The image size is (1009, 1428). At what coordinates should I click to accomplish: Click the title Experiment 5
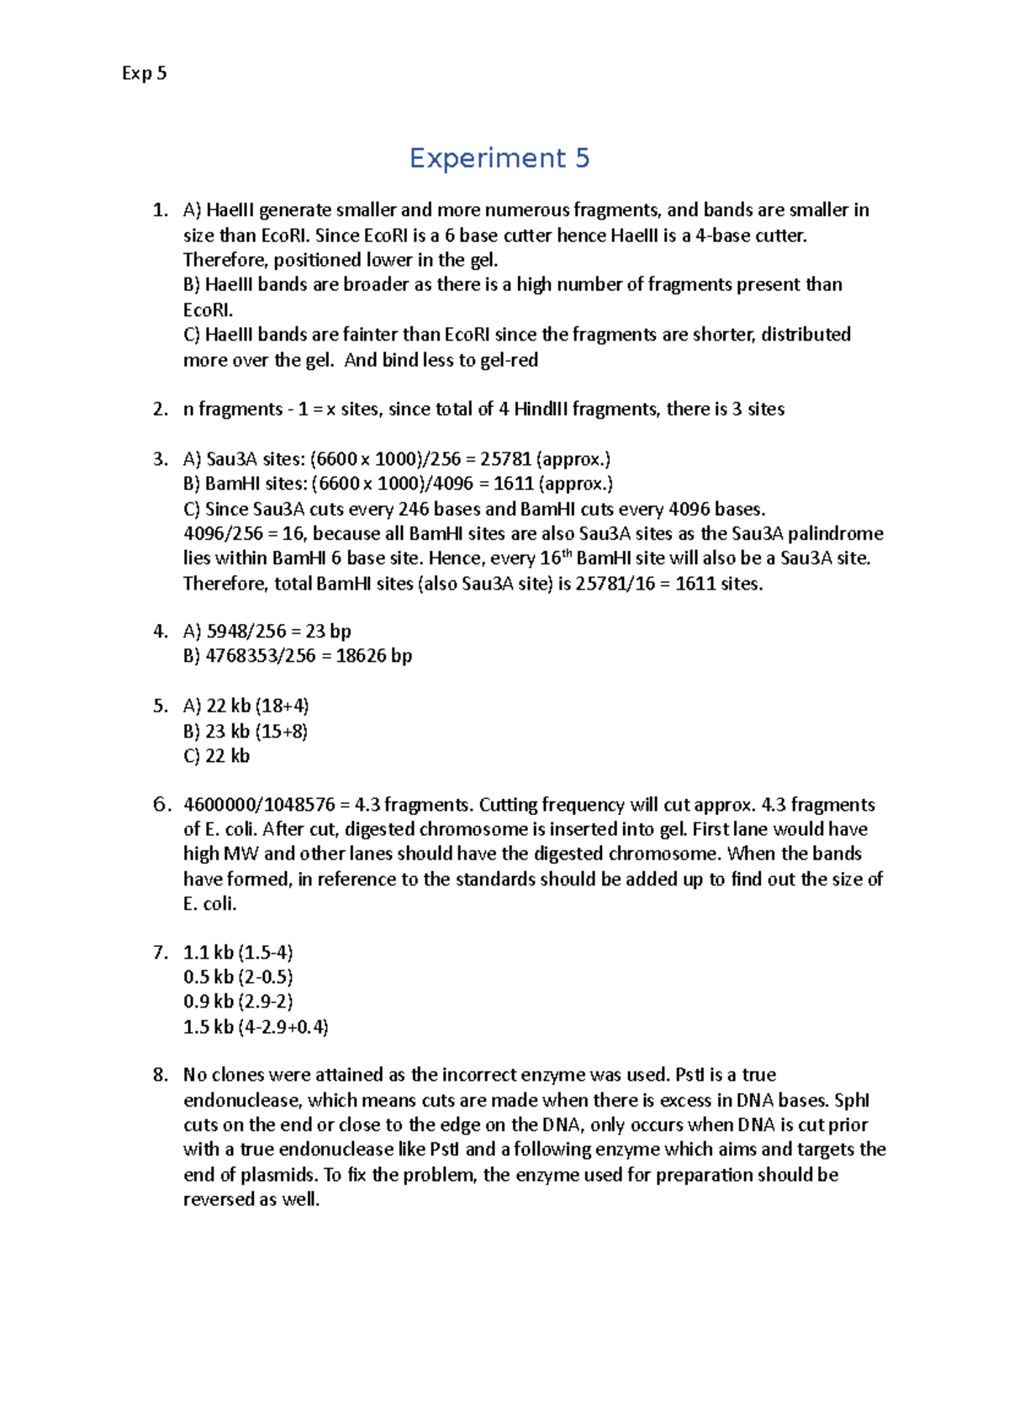coord(499,158)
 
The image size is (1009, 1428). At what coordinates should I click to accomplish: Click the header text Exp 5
coord(144,73)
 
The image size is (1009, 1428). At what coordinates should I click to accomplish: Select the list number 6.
coord(161,805)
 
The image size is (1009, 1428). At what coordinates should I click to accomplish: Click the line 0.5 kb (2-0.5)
coord(238,977)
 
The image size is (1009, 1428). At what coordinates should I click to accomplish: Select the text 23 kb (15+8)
coord(256,731)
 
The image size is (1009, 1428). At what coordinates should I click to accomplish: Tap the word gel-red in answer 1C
coord(510,360)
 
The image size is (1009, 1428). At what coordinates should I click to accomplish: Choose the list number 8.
coord(161,1075)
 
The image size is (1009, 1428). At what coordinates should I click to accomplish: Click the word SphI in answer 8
coord(851,1100)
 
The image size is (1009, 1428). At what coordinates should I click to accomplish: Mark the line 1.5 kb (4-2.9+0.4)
coord(256,1027)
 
